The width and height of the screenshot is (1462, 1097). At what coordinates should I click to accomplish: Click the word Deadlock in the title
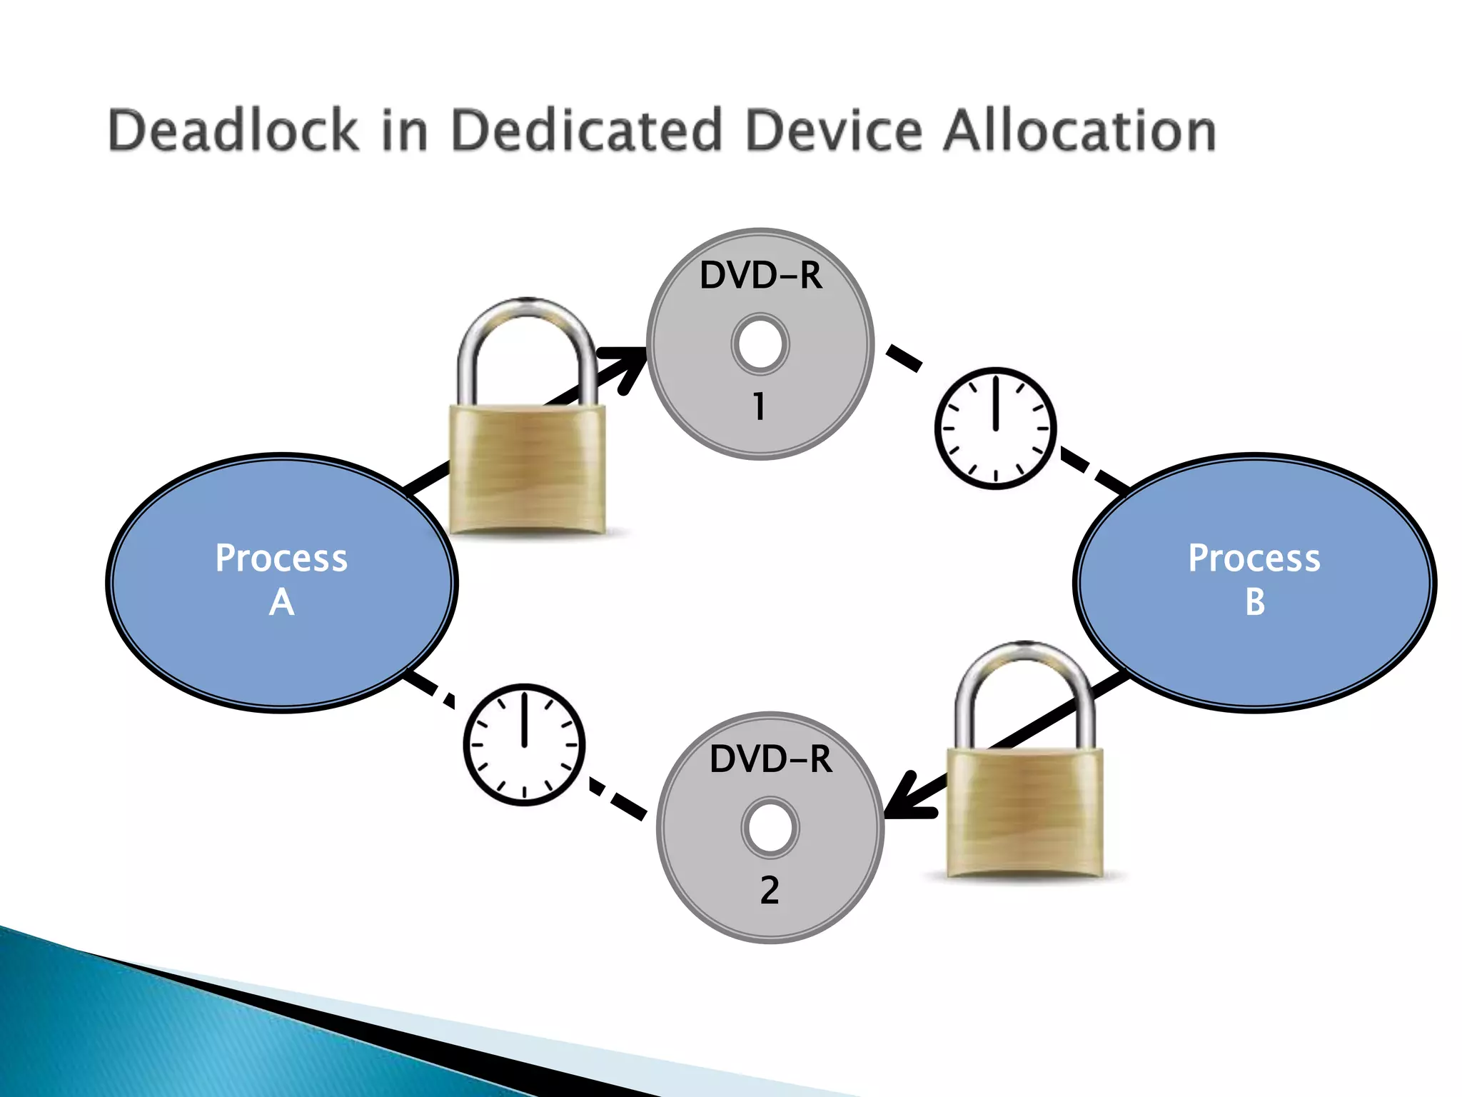point(233,131)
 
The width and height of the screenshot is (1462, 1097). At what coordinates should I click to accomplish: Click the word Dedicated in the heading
point(587,131)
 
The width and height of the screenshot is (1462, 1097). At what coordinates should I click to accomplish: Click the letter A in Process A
point(281,602)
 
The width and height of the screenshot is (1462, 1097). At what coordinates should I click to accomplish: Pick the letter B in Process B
point(1255,602)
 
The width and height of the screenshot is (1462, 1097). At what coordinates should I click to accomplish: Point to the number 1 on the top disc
point(759,406)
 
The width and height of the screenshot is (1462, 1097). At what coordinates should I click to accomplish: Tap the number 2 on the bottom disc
point(770,890)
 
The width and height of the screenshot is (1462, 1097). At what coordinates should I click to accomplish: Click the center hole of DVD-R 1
point(760,344)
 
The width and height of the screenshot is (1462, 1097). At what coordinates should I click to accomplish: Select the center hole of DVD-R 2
point(770,827)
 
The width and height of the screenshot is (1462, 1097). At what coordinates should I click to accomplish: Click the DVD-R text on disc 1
point(760,276)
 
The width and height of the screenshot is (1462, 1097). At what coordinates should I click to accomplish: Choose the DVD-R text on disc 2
point(770,758)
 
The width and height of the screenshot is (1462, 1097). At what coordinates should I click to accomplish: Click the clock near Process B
point(995,429)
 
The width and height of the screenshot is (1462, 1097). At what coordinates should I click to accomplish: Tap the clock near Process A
point(524,745)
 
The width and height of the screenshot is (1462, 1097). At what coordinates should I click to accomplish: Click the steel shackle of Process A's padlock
point(527,314)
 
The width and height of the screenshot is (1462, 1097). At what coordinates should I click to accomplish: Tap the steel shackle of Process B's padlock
point(1024,657)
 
